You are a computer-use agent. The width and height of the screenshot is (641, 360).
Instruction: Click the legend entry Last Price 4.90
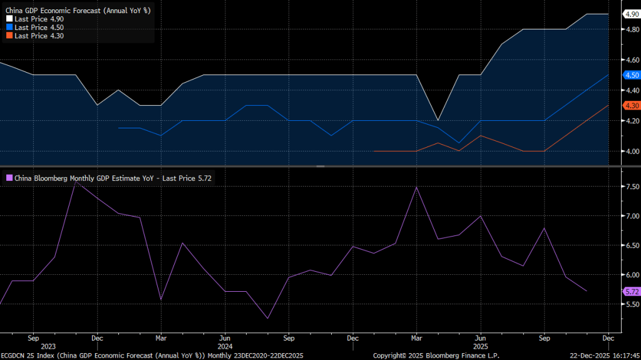coord(38,19)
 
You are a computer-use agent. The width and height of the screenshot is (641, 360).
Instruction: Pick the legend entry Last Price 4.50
coord(38,28)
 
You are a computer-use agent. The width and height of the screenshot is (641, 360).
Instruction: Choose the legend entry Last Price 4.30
coord(38,36)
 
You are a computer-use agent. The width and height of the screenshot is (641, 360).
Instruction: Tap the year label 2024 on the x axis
coord(224,346)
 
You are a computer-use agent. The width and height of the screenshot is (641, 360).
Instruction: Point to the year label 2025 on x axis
coord(480,346)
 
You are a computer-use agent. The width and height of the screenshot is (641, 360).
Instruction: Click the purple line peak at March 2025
coord(416,187)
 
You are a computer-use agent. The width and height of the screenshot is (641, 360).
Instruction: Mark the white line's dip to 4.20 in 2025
coord(438,120)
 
